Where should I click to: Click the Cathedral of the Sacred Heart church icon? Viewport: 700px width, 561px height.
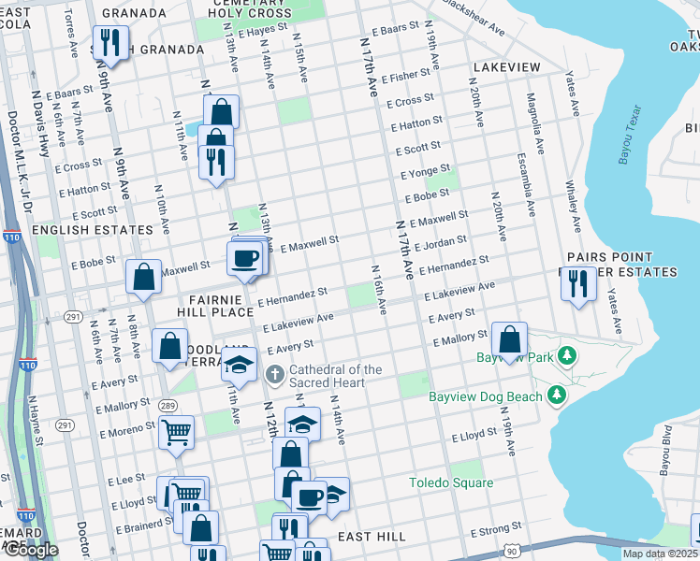274,375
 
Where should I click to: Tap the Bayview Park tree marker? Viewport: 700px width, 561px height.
566,356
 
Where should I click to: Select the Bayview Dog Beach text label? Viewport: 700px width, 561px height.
485,396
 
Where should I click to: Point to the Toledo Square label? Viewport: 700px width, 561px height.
451,482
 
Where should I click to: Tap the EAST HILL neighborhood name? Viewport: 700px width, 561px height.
372,537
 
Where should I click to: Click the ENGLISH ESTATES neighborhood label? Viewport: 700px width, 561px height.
92,229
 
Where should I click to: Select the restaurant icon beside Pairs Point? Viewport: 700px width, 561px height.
578,282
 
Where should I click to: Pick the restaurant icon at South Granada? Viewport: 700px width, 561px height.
110,43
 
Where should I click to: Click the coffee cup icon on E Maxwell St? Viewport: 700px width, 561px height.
245,257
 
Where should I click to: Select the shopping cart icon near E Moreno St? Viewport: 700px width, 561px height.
176,433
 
